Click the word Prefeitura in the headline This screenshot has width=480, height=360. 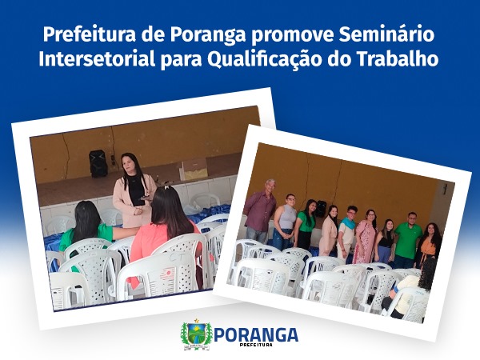(90, 34)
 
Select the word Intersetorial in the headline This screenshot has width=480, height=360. (97, 58)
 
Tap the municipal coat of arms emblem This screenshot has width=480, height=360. (196, 334)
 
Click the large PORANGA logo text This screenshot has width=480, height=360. (256, 334)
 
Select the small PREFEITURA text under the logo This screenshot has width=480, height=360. (257, 345)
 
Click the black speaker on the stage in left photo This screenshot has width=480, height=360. (98, 163)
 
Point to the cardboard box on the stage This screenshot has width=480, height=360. (194, 170)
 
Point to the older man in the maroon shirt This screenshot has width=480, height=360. (261, 210)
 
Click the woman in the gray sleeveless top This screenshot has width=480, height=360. (285, 222)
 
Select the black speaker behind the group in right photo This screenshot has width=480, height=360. (321, 209)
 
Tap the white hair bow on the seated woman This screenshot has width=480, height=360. (167, 186)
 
